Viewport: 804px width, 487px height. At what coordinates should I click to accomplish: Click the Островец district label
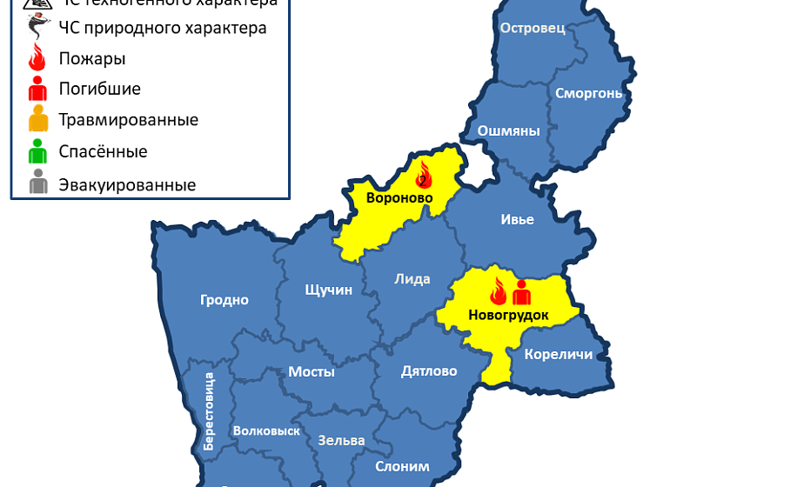(533, 28)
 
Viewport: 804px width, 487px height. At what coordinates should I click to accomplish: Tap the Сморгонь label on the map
(589, 93)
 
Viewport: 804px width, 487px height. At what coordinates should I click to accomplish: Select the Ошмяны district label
(508, 131)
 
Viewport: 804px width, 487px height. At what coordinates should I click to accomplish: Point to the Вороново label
(399, 198)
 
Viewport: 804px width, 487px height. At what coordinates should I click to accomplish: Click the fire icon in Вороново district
(424, 175)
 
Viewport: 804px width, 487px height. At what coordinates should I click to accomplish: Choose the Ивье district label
(517, 220)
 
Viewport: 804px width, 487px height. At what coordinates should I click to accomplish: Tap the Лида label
(412, 279)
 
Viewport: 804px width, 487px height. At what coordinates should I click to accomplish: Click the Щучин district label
(329, 290)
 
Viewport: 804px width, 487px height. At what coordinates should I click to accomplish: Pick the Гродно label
(224, 300)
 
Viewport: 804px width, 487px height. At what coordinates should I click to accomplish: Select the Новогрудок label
(508, 315)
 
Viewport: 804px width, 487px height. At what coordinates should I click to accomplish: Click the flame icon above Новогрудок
(498, 292)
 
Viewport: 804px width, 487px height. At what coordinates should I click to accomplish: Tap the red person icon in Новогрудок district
(522, 292)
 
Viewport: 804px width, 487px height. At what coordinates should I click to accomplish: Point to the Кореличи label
(559, 354)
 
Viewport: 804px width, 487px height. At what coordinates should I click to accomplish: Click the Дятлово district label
(429, 371)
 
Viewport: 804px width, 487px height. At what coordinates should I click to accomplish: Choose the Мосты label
(312, 371)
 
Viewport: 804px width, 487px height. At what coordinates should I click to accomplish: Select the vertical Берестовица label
(209, 410)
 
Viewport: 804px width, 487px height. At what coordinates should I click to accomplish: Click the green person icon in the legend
(37, 151)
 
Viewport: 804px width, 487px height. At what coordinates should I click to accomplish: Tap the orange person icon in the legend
(37, 119)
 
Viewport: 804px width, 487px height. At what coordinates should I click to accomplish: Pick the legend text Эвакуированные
(127, 184)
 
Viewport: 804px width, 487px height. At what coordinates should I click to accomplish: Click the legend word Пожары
(92, 59)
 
